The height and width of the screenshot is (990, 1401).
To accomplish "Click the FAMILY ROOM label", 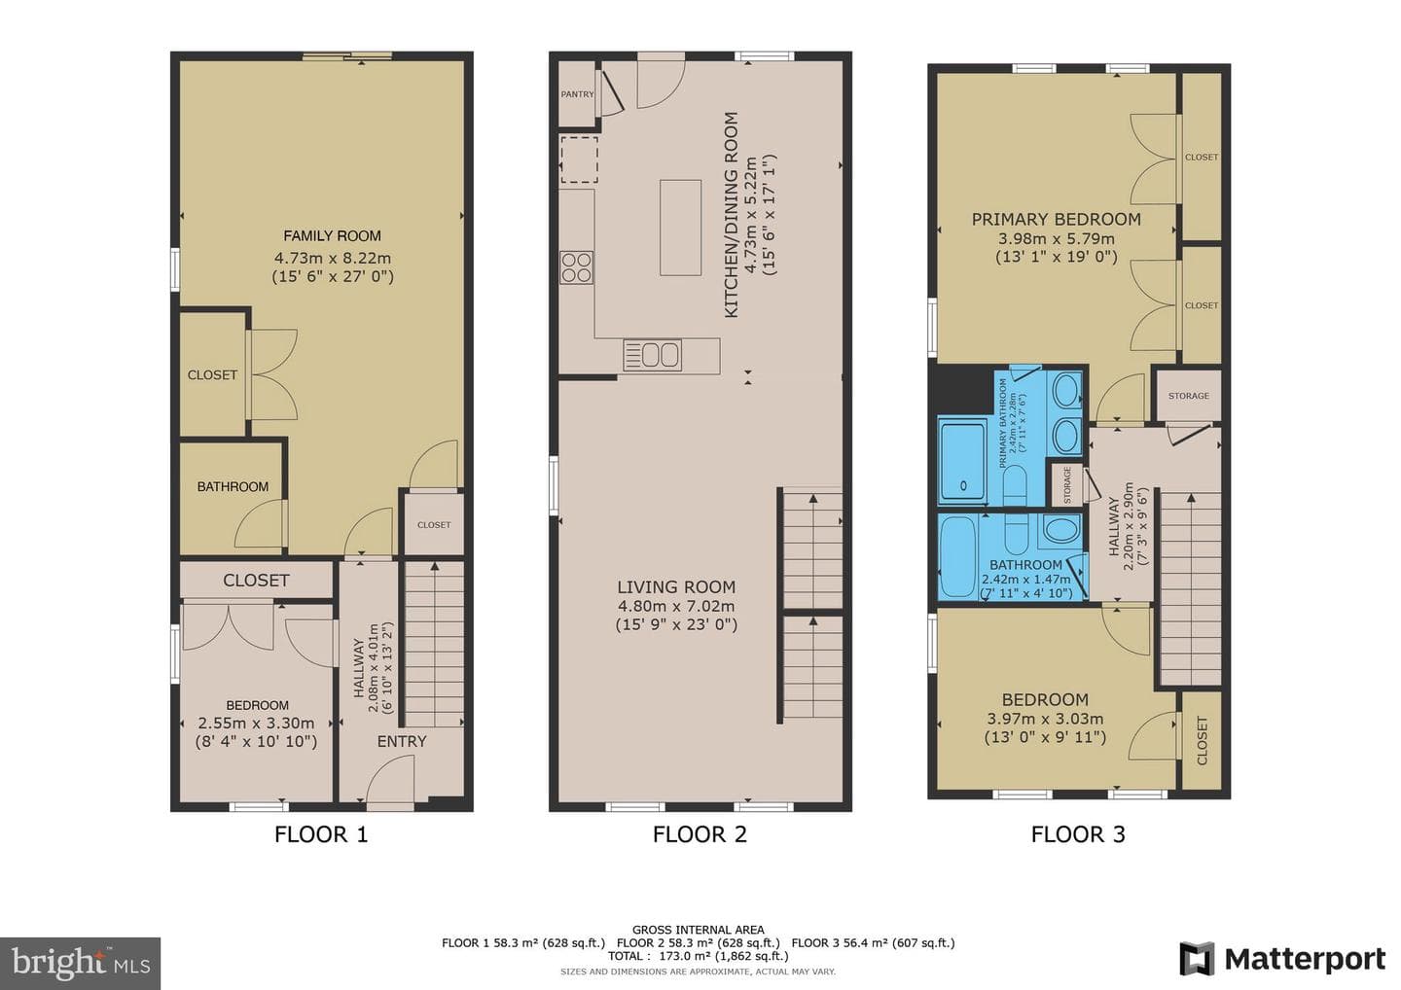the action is click(332, 235).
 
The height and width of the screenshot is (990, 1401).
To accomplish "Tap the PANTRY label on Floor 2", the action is click(577, 94).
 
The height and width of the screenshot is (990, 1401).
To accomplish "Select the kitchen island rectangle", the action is click(680, 228).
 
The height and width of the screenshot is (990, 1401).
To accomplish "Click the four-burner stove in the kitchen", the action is click(577, 267).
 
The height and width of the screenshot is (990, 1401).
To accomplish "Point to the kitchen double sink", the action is click(652, 355).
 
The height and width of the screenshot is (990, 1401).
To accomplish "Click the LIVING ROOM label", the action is click(676, 586).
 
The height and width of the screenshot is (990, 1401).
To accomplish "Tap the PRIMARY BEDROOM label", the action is click(1057, 220).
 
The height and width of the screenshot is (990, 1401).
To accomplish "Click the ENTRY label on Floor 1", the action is click(402, 741).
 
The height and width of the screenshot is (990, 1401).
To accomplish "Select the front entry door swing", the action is click(390, 781).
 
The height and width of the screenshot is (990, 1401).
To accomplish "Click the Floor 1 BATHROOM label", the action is click(233, 486).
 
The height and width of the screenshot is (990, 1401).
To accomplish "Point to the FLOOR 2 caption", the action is click(700, 834).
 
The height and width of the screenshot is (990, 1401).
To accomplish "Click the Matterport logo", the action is click(1282, 960).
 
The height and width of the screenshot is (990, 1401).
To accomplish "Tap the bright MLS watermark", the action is click(80, 963).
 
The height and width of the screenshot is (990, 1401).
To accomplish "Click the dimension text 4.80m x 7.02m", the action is click(676, 606).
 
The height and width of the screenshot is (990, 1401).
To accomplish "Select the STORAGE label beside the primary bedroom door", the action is click(1188, 396).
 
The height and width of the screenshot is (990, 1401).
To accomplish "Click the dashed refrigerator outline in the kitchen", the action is click(579, 160).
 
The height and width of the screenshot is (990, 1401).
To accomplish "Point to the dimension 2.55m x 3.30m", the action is click(257, 724).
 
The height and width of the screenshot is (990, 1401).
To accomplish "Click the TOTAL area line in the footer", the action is click(698, 956).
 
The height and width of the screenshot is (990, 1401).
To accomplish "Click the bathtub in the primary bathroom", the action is click(963, 462).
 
